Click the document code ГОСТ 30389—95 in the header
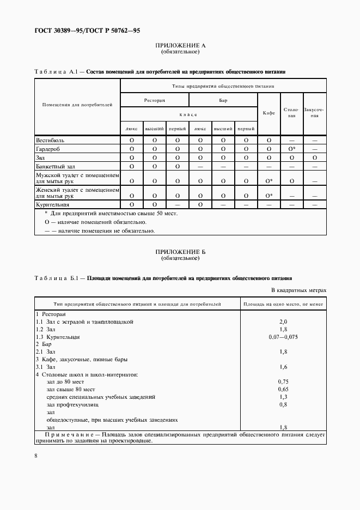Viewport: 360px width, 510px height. click(57, 31)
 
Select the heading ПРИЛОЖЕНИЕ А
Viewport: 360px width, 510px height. click(180, 46)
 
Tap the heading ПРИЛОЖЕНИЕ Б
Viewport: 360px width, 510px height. click(180, 252)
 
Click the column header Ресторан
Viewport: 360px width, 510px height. click(154, 100)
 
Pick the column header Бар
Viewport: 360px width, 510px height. click(223, 100)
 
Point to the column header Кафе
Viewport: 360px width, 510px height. click(269, 113)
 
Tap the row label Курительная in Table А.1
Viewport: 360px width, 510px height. click(52, 204)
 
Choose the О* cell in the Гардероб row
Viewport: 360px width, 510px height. click(292, 149)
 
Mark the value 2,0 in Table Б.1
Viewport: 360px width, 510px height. click(283, 322)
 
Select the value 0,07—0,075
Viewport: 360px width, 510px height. click(283, 337)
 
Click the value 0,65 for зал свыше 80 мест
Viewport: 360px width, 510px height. click(283, 390)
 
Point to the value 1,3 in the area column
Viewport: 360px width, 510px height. click(283, 397)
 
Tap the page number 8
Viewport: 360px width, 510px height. click(35, 455)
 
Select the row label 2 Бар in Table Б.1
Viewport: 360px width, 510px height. click(46, 345)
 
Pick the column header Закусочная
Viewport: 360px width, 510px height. click(314, 113)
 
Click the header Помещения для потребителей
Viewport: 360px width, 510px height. click(77, 105)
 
